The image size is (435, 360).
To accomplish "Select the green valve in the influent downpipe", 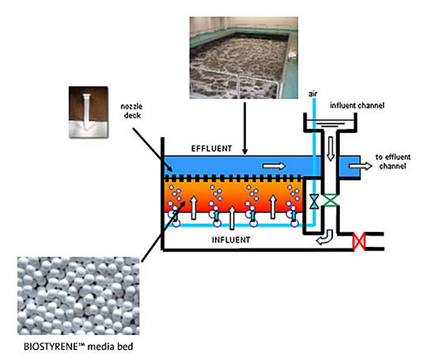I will [333, 201].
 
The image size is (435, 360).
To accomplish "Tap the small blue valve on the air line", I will [314, 201].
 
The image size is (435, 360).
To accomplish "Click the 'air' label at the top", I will [314, 93].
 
